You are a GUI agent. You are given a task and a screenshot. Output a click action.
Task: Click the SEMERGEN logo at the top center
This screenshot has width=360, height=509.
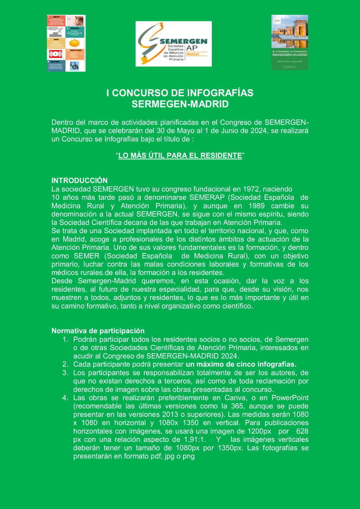point(173,44)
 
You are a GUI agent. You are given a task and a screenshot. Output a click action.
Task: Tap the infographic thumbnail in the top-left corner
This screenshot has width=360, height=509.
point(66,43)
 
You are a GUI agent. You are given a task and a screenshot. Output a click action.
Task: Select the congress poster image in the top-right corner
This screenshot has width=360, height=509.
point(290,42)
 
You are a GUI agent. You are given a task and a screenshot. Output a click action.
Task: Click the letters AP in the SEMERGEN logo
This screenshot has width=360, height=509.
point(192,47)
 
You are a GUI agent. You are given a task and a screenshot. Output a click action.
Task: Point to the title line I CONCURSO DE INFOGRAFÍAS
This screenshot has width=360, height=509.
point(180,93)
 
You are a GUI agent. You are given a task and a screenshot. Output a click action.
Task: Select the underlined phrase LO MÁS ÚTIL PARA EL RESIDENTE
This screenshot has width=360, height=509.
point(180,155)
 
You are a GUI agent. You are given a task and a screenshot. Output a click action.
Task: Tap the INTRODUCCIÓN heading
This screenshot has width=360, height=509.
point(79,180)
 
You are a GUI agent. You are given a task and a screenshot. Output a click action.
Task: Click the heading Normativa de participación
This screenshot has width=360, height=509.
point(98,331)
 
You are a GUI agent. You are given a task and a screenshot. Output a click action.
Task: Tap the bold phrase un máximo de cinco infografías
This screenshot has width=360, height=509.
point(241,364)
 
